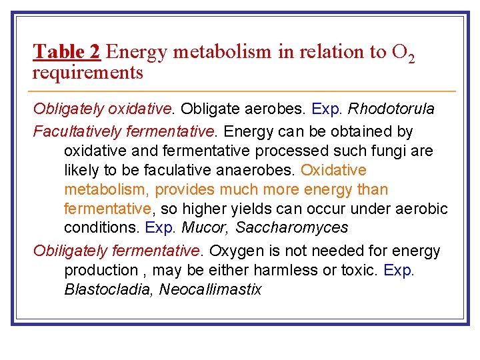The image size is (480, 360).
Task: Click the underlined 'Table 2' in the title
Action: pos(67,51)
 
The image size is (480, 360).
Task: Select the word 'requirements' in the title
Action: pos(87,73)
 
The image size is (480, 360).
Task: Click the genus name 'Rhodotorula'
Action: pos(391,108)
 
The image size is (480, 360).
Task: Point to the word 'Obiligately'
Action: pos(70,251)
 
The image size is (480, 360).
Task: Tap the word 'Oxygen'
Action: pos(234,251)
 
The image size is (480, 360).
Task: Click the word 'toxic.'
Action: pos(360,270)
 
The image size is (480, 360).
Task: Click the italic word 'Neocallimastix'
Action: pos(210,289)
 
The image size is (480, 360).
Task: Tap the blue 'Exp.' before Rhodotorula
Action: pos(330,108)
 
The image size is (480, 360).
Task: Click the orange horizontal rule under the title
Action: pos(244,91)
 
